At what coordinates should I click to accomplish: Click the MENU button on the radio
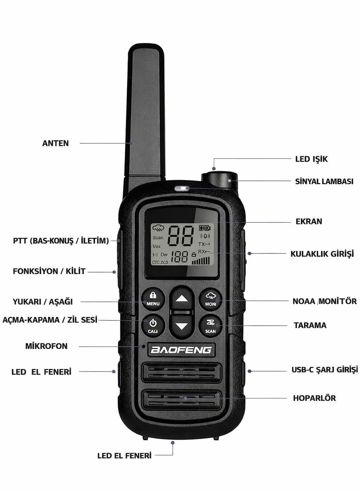153,299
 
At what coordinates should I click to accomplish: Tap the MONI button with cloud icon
210,299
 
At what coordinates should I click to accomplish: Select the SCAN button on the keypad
210,326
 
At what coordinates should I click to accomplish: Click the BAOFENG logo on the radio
181,350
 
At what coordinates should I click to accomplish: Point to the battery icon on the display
205,228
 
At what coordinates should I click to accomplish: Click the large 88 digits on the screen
181,236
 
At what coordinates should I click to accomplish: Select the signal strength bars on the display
201,261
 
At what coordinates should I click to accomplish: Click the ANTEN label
56,144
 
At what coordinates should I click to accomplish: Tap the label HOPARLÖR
314,398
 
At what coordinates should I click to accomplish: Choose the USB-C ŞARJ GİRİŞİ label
324,370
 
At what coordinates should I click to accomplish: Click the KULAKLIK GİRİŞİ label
322,254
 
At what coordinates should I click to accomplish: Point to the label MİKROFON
46,346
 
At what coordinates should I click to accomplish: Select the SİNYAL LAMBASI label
324,181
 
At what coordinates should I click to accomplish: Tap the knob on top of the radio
219,180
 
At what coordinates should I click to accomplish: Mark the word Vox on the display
156,246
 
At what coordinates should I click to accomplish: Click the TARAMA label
310,325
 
